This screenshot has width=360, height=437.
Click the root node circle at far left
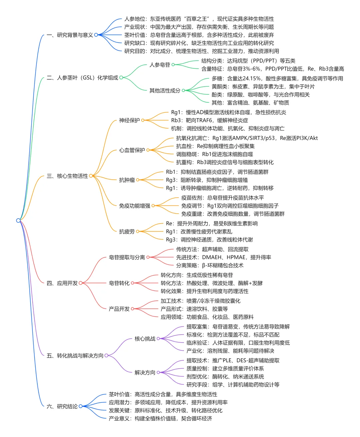18,220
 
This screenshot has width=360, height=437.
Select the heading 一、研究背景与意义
70,35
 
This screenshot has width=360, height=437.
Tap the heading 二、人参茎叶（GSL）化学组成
82,78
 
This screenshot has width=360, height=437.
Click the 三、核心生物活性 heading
67,176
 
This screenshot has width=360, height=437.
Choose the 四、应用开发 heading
62,283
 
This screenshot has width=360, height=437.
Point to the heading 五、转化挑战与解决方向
75,356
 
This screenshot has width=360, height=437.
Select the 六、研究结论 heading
62,406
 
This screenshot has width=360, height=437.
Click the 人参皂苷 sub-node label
160,65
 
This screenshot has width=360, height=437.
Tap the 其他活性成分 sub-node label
165,90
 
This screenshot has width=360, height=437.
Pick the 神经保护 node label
129,120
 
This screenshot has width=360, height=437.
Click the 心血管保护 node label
132,150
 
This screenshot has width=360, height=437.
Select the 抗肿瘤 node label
127,180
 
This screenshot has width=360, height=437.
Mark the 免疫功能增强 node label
135,206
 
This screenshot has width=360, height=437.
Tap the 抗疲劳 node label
127,232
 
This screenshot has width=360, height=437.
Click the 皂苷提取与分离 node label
127,257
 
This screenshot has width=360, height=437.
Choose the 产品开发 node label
119,309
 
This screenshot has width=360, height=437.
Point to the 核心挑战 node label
145,339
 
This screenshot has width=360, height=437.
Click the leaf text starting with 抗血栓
215,146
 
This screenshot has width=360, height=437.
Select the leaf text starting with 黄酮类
263,87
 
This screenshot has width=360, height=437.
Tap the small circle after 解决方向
158,373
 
